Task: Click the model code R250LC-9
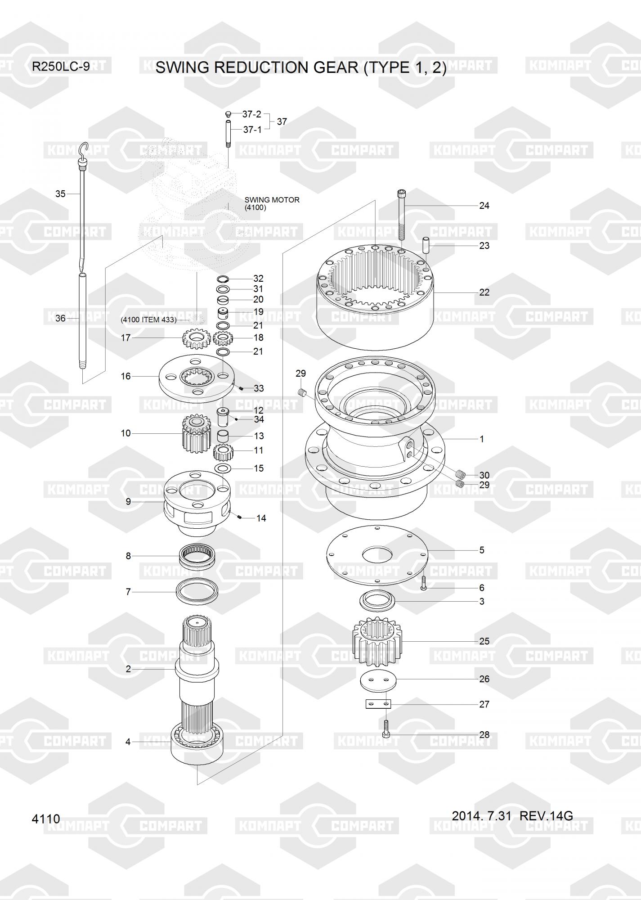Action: [x=60, y=67]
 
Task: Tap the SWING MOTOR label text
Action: [x=272, y=200]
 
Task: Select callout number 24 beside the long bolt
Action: [x=484, y=206]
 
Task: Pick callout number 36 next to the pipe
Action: [x=60, y=319]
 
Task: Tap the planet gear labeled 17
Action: [x=194, y=339]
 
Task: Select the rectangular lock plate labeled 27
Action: [x=378, y=704]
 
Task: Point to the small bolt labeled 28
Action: [x=386, y=728]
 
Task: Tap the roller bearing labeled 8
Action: [x=199, y=556]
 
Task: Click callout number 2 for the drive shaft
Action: [x=128, y=669]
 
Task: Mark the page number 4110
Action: [x=46, y=819]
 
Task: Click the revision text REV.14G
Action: [x=546, y=816]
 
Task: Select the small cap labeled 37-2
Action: [x=228, y=114]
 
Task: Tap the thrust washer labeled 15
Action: [x=223, y=469]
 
